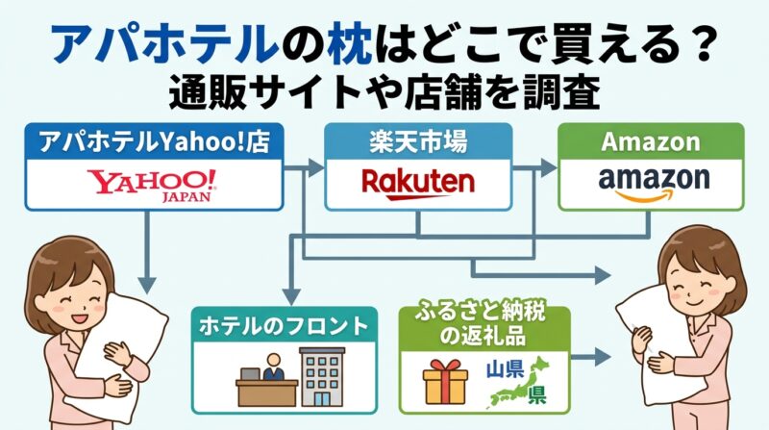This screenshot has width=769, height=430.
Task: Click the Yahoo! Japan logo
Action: click(153, 183)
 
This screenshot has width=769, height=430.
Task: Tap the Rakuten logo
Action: click(417, 181)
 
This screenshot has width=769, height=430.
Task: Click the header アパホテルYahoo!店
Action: click(153, 142)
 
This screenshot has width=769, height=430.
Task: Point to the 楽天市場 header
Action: click(417, 142)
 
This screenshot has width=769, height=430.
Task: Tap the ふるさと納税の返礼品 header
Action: click(483, 325)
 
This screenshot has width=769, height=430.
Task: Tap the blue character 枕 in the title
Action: click(352, 46)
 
